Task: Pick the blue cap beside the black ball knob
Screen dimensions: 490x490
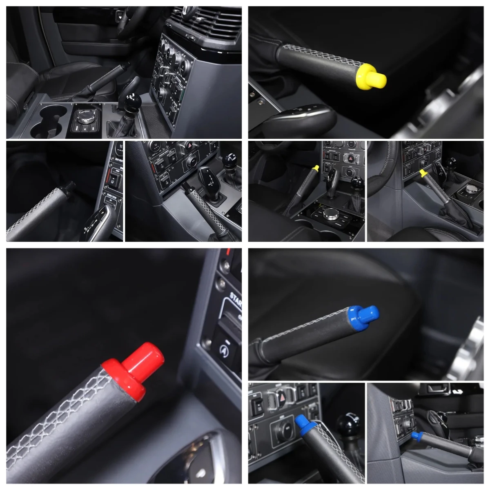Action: [x=305, y=423]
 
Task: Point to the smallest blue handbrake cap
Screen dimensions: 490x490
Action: [x=416, y=436]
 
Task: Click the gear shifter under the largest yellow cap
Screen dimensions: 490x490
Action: [x=298, y=118]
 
